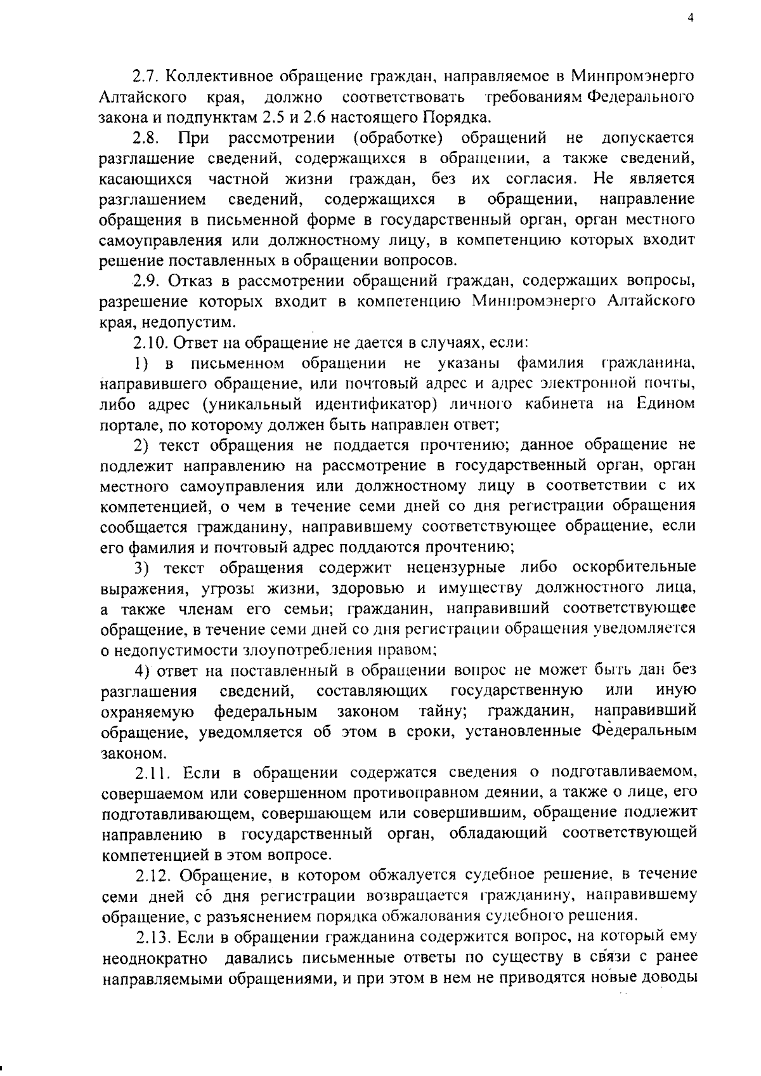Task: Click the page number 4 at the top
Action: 691,18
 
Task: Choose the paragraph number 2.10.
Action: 150,342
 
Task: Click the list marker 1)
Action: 142,363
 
